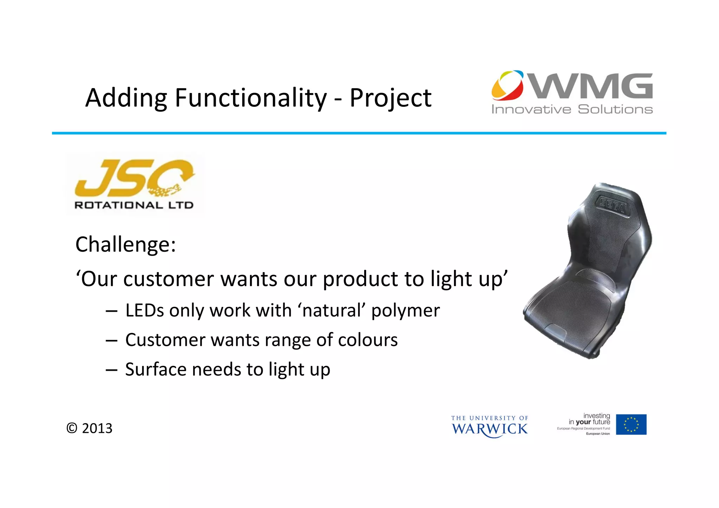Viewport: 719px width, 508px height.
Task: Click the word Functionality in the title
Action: pos(251,98)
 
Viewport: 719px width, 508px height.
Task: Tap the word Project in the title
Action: pos(390,98)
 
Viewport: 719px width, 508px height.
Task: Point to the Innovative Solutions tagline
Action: pos(572,110)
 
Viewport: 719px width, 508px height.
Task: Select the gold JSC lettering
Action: pos(133,178)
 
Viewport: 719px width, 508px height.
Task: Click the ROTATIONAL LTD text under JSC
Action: pos(134,205)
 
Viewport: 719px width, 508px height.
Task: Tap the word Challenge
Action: pos(125,245)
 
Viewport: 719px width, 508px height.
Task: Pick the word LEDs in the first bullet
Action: pos(144,311)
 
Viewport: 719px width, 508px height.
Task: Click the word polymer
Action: pos(405,311)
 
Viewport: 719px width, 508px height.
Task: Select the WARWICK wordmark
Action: pos(489,429)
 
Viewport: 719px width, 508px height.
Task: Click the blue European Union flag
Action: pos(631,424)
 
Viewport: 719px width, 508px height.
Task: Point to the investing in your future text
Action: pos(589,419)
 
